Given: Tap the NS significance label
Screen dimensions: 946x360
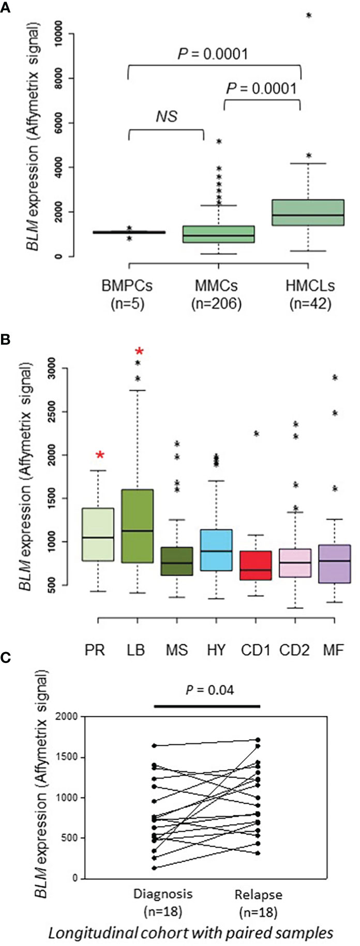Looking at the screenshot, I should tap(167, 116).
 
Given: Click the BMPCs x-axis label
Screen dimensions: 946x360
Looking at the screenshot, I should tap(127, 285).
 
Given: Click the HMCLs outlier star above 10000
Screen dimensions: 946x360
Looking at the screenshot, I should tap(309, 16).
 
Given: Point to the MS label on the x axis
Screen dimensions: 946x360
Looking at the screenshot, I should tap(176, 649).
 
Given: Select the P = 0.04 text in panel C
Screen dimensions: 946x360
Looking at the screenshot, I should tap(209, 690).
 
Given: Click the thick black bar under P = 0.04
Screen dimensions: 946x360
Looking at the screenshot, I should tap(207, 706).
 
